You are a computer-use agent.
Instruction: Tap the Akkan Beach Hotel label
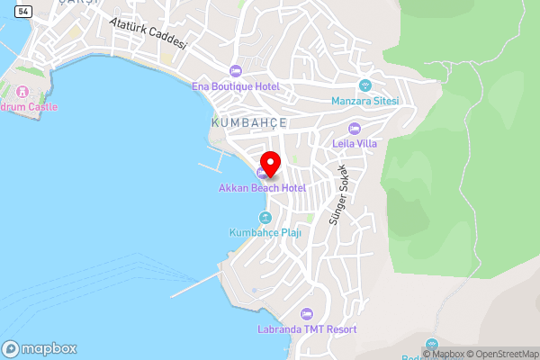coord(262,188)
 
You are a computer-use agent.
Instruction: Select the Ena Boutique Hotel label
coord(236,86)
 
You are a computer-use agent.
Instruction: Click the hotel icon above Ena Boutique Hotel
coord(236,71)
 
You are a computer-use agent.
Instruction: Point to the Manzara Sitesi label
coord(364,101)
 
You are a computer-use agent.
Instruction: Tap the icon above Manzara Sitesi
coord(364,85)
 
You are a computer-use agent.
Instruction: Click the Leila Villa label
coord(355,143)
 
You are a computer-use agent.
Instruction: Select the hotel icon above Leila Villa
coord(355,128)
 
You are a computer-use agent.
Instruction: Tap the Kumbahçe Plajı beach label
coord(265,233)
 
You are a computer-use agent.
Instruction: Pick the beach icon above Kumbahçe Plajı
coord(265,218)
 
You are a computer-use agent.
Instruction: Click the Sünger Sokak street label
coord(342,194)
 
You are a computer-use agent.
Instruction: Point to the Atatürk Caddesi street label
coord(148,32)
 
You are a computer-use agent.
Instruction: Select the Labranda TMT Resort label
coord(305,329)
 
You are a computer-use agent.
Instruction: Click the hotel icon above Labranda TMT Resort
coord(305,314)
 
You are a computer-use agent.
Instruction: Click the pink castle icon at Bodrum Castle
coord(22,92)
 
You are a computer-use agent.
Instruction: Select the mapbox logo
coord(40,348)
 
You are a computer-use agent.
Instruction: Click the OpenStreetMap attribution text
coord(502,354)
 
